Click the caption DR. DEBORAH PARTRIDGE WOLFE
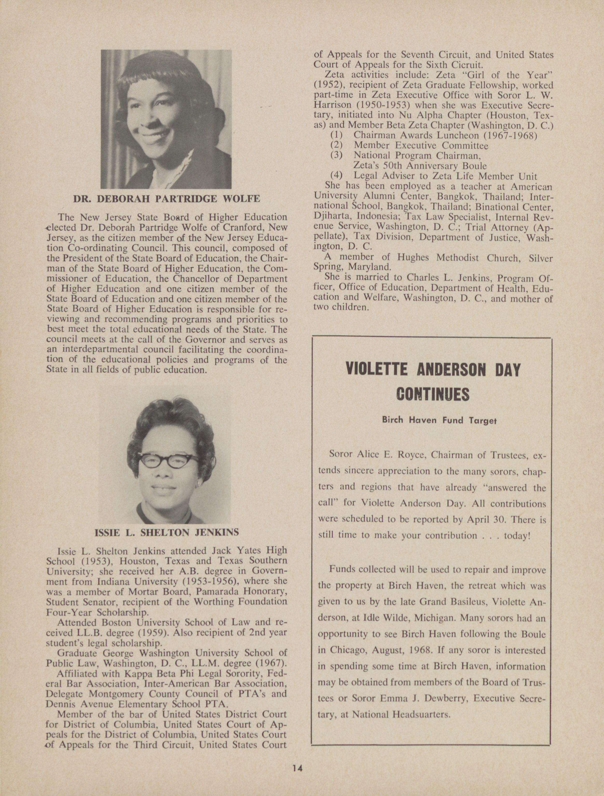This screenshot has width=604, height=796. click(x=166, y=199)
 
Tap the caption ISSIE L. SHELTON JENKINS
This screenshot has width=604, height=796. click(x=166, y=532)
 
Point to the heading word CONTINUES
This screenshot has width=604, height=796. click(x=433, y=394)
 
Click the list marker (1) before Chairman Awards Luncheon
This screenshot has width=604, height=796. click(x=336, y=136)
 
